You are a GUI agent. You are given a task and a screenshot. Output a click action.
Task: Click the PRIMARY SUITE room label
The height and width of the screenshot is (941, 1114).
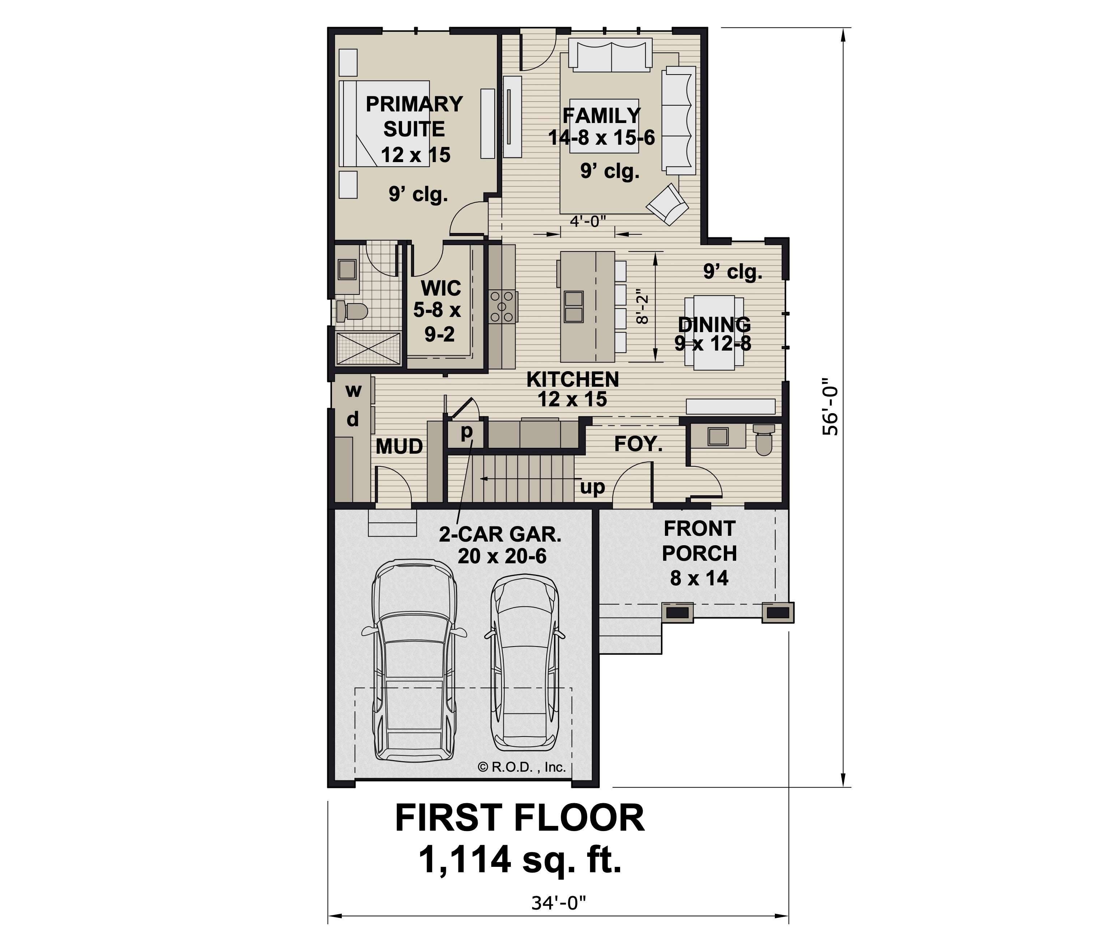click(414, 116)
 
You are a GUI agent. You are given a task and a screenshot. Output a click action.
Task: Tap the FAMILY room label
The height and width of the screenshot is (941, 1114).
click(602, 115)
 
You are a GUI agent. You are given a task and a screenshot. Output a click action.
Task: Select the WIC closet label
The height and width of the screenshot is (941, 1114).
click(441, 288)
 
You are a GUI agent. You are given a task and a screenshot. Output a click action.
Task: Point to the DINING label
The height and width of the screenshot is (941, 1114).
click(714, 324)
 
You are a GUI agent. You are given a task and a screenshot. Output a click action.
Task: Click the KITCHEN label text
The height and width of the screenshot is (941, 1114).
click(573, 379)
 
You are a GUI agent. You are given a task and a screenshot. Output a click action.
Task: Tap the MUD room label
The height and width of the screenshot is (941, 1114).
click(399, 446)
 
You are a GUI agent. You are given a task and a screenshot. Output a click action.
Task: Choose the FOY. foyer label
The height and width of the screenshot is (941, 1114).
click(639, 444)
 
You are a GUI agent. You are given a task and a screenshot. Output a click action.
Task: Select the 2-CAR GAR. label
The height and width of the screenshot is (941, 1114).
click(500, 534)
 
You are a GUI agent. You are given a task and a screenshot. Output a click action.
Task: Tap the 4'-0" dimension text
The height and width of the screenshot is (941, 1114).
click(588, 221)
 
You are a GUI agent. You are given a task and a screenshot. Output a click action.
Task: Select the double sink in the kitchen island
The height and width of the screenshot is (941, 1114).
click(573, 307)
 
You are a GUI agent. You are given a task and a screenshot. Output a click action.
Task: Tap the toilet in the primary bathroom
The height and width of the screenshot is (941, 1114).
click(352, 311)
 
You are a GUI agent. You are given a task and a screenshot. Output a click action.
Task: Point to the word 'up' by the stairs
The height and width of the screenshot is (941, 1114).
click(593, 487)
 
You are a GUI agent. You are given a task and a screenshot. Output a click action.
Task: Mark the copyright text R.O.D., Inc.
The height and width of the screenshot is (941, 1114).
click(521, 767)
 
